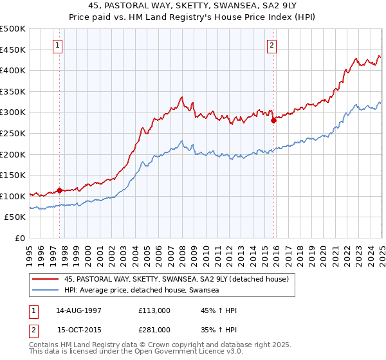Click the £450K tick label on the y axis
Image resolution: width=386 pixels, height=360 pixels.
pos(13,50)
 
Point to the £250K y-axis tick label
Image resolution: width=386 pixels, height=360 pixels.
pos(13,133)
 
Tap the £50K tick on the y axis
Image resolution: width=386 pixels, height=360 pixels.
pos(15,217)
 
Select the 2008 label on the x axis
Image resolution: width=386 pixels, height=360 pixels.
pos(183,253)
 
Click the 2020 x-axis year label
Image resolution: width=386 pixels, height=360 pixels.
pos(324,253)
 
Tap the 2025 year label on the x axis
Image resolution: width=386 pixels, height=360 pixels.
pos(382,253)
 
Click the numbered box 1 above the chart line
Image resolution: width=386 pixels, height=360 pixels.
pos(58,45)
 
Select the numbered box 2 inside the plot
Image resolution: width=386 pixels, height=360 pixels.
pos(272,45)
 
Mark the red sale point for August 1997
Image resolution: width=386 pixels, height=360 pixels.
pos(59,190)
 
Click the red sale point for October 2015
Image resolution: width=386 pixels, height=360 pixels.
pos(273,120)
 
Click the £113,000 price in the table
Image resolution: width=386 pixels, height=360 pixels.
pos(154,310)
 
